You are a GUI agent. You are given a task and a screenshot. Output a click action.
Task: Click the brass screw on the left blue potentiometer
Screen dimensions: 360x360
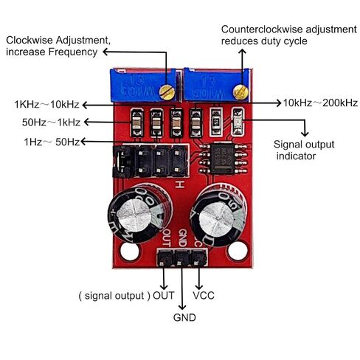[167, 92]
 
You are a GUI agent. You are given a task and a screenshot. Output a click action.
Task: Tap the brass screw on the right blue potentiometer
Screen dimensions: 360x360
[240, 92]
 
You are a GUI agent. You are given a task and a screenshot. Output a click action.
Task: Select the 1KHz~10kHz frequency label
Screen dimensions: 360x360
[46, 105]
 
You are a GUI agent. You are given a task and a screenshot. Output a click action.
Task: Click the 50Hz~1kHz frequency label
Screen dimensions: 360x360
[51, 122]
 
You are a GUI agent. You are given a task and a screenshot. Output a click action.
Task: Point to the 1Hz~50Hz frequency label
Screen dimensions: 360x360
[52, 142]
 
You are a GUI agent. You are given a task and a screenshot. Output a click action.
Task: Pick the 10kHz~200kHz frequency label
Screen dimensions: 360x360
[320, 103]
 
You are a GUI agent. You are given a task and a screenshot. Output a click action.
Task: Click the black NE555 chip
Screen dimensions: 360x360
[223, 158]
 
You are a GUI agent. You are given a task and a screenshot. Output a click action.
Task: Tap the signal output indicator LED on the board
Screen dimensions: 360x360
[238, 121]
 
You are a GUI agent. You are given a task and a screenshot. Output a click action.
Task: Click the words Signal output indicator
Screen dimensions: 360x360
[304, 150]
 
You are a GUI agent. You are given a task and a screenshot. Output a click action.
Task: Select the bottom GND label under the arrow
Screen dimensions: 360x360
[184, 317]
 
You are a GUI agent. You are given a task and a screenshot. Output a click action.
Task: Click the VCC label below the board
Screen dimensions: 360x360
[204, 296]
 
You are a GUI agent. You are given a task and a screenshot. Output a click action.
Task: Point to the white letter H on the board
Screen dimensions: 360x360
[179, 184]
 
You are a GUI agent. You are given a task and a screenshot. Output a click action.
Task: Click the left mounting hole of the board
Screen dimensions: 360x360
[130, 252]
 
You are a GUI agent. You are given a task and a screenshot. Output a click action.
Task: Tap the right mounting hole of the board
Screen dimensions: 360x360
[238, 251]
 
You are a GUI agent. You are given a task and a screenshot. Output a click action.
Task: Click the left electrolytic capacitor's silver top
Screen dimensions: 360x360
[134, 212]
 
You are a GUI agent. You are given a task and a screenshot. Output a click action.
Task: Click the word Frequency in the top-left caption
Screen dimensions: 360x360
[73, 52]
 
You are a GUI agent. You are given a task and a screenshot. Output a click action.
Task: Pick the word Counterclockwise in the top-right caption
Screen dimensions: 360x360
[261, 30]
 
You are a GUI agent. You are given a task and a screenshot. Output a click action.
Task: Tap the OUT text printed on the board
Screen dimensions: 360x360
[167, 238]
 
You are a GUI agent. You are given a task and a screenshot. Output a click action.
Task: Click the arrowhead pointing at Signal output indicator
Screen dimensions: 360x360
[305, 134]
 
